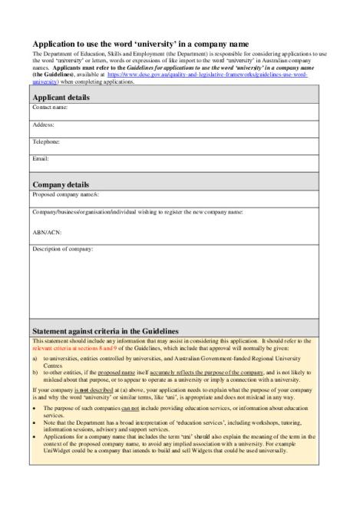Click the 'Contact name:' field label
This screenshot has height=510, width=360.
51,108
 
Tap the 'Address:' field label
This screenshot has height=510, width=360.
44,125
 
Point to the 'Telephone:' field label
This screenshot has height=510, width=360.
46,142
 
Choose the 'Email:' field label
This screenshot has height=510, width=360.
41,158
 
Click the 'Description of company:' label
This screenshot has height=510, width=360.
63,249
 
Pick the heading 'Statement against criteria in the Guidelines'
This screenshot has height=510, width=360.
114,330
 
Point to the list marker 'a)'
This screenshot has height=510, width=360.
35,358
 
